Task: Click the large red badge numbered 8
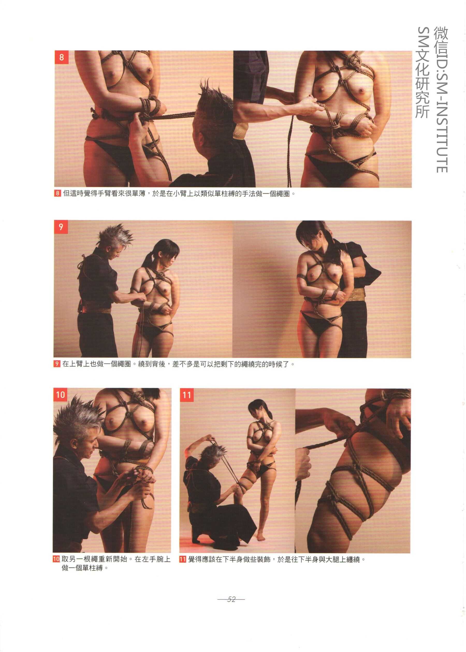coord(61,57)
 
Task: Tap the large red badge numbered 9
coord(61,227)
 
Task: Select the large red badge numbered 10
coord(60,395)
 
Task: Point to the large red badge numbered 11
coord(187,395)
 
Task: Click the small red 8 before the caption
coord(57,193)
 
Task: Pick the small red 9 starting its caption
coord(57,364)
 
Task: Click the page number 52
coord(231,599)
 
